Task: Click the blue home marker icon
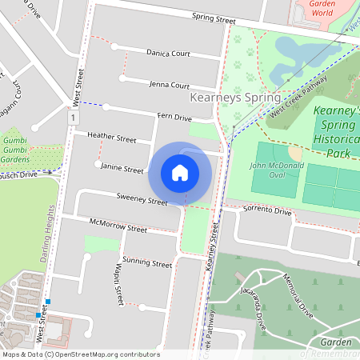(180, 173)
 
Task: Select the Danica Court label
(168, 53)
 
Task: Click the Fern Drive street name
(174, 118)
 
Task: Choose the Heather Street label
(112, 138)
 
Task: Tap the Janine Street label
(122, 169)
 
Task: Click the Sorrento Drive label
(267, 211)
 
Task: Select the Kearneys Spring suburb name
(237, 98)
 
